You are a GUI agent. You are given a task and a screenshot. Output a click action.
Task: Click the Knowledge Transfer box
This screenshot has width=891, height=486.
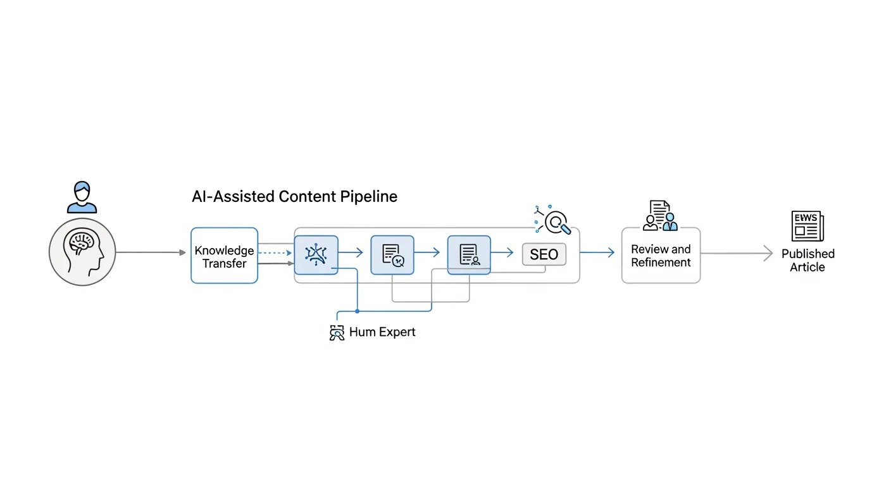pos(224,255)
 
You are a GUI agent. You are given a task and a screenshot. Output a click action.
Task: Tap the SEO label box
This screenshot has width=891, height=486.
pos(544,254)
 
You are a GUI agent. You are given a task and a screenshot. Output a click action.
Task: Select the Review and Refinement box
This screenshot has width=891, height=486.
pos(661,256)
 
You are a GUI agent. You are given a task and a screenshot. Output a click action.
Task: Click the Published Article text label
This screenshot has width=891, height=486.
pos(807,260)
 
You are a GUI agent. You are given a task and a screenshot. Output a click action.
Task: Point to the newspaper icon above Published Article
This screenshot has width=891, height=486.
pos(807,226)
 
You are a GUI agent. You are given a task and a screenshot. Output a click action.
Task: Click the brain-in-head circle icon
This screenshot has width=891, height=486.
pos(82,251)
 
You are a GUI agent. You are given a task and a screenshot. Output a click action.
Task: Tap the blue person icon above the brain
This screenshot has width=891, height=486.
pos(82,197)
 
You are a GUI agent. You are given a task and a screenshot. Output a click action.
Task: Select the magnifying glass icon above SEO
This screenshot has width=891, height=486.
pos(556,221)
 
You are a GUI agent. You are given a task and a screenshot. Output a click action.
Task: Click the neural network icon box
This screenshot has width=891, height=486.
pos(316,254)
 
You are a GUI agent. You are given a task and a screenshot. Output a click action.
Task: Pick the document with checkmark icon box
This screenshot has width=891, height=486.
pos(392,254)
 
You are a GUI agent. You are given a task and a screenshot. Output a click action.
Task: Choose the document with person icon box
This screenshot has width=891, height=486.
pos(469,254)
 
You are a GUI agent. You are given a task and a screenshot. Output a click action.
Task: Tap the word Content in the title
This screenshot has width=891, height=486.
pos(307,197)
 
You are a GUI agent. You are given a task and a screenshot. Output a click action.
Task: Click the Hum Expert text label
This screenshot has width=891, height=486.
pos(382,332)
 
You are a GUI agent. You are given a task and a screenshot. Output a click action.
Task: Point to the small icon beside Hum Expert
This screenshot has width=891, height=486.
pos(337,333)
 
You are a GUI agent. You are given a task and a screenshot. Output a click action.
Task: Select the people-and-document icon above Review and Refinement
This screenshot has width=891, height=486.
pos(660,216)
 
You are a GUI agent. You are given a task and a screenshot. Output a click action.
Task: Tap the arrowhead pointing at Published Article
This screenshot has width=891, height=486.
pos(768,253)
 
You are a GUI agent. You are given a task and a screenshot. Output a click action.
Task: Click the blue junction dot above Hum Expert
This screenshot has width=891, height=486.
pos(358,311)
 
